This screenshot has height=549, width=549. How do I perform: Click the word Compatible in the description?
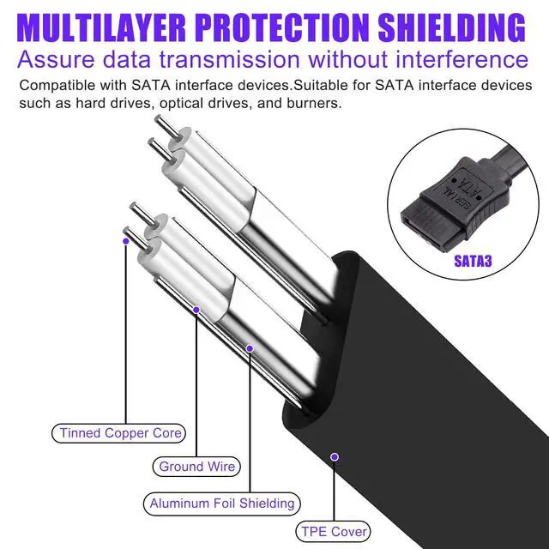[x=51, y=87]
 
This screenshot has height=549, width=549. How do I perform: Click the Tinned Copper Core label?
[x=120, y=433]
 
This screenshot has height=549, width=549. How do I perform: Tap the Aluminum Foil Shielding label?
[x=222, y=504]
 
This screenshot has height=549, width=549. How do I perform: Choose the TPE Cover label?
[x=334, y=532]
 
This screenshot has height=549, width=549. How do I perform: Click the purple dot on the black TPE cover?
[x=334, y=457]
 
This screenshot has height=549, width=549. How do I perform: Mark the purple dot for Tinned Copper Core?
[x=126, y=242]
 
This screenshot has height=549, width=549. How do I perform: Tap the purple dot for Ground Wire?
[x=196, y=309]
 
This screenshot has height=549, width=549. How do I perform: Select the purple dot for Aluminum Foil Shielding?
[x=250, y=348]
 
